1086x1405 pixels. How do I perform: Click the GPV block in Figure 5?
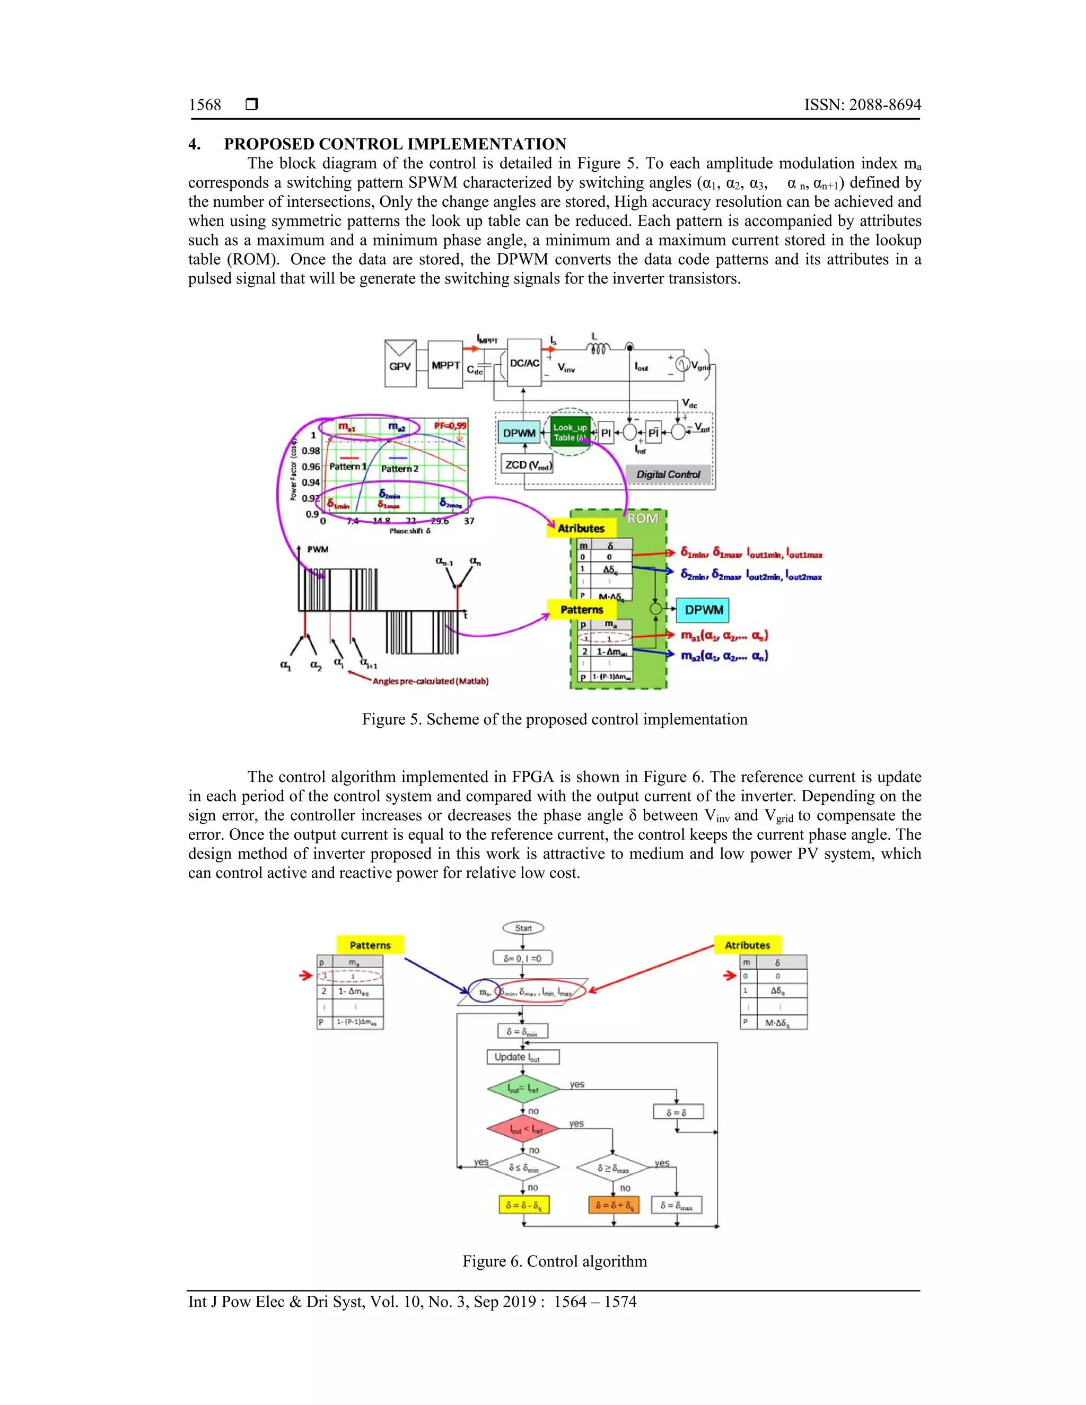(399, 365)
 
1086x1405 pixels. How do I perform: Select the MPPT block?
(445, 365)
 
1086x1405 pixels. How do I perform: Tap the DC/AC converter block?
(524, 364)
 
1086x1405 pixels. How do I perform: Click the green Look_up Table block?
(570, 432)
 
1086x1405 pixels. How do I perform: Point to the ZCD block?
(528, 464)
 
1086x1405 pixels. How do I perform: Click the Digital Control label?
(668, 474)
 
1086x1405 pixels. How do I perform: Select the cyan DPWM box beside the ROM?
(703, 610)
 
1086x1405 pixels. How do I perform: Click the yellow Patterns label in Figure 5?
(582, 609)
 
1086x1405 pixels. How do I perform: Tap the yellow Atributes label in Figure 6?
(747, 945)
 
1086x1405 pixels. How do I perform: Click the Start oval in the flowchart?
(523, 928)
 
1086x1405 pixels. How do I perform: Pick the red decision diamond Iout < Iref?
(522, 1128)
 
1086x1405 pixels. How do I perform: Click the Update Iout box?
(523, 1057)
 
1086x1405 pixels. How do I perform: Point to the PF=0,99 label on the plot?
(450, 425)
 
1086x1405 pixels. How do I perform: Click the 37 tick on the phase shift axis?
(469, 521)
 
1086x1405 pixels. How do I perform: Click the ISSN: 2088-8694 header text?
(862, 105)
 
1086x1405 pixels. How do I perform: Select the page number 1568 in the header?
(205, 105)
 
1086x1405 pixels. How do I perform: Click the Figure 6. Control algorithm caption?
(555, 1261)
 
